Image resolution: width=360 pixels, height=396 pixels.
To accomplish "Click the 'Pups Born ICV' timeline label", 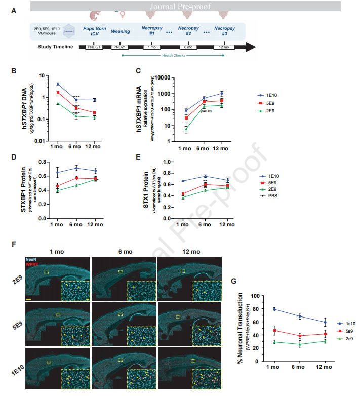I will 94,31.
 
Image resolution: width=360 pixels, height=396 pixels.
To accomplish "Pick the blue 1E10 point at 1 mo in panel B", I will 58,84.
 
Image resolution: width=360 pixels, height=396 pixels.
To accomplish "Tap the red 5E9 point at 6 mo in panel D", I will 76,178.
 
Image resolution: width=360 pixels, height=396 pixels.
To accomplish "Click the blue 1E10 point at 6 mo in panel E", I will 205,177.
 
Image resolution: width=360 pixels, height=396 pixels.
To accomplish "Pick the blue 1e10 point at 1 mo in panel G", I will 274,309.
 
